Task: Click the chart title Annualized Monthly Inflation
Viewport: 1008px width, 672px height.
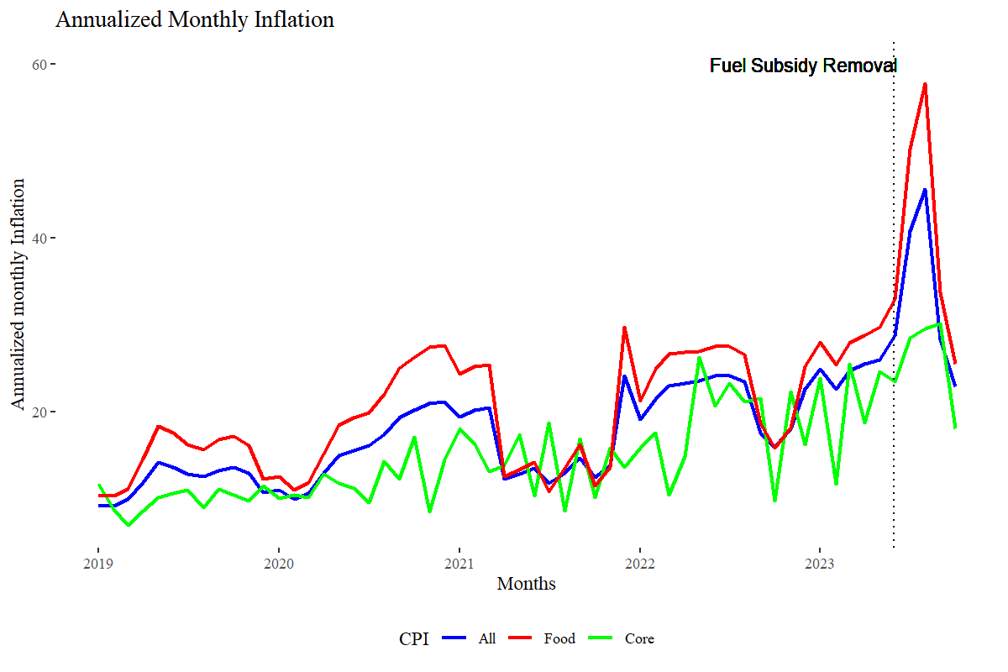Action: click(195, 20)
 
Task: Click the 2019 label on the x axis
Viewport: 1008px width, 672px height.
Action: click(98, 562)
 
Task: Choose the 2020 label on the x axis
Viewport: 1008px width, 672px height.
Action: click(279, 562)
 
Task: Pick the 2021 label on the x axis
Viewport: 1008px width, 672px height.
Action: click(459, 562)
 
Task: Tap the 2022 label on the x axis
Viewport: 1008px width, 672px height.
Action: click(640, 562)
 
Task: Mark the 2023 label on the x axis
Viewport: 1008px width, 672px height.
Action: click(821, 562)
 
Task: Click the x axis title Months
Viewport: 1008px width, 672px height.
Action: click(526, 583)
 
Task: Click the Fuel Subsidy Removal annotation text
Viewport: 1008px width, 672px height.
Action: click(803, 66)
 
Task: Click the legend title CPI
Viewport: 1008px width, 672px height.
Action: click(413, 639)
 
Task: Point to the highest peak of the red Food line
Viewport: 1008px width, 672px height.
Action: click(925, 84)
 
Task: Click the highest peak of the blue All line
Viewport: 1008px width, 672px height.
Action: click(925, 190)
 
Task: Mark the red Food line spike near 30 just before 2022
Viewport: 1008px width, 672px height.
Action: click(624, 328)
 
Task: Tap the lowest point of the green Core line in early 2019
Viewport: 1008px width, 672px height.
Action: click(129, 525)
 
